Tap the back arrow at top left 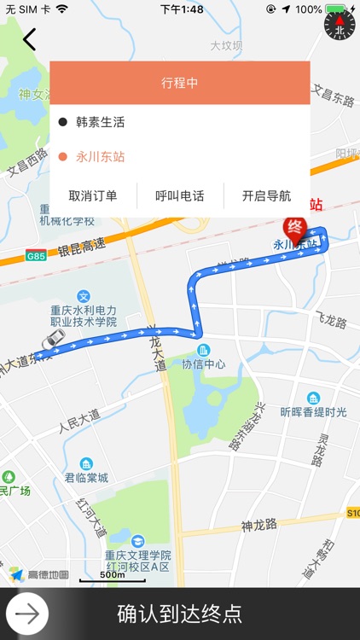[x=30, y=39]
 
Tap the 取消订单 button [x=93, y=195]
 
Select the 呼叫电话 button [x=180, y=195]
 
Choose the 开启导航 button [x=266, y=195]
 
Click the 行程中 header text [x=179, y=83]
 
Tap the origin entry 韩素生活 [x=100, y=122]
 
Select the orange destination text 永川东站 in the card [x=100, y=156]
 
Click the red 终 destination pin [x=294, y=229]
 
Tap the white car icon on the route [x=51, y=339]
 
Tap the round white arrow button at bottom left [x=27, y=614]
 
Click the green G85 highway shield [x=36, y=256]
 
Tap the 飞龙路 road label [x=331, y=323]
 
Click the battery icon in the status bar [x=336, y=9]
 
